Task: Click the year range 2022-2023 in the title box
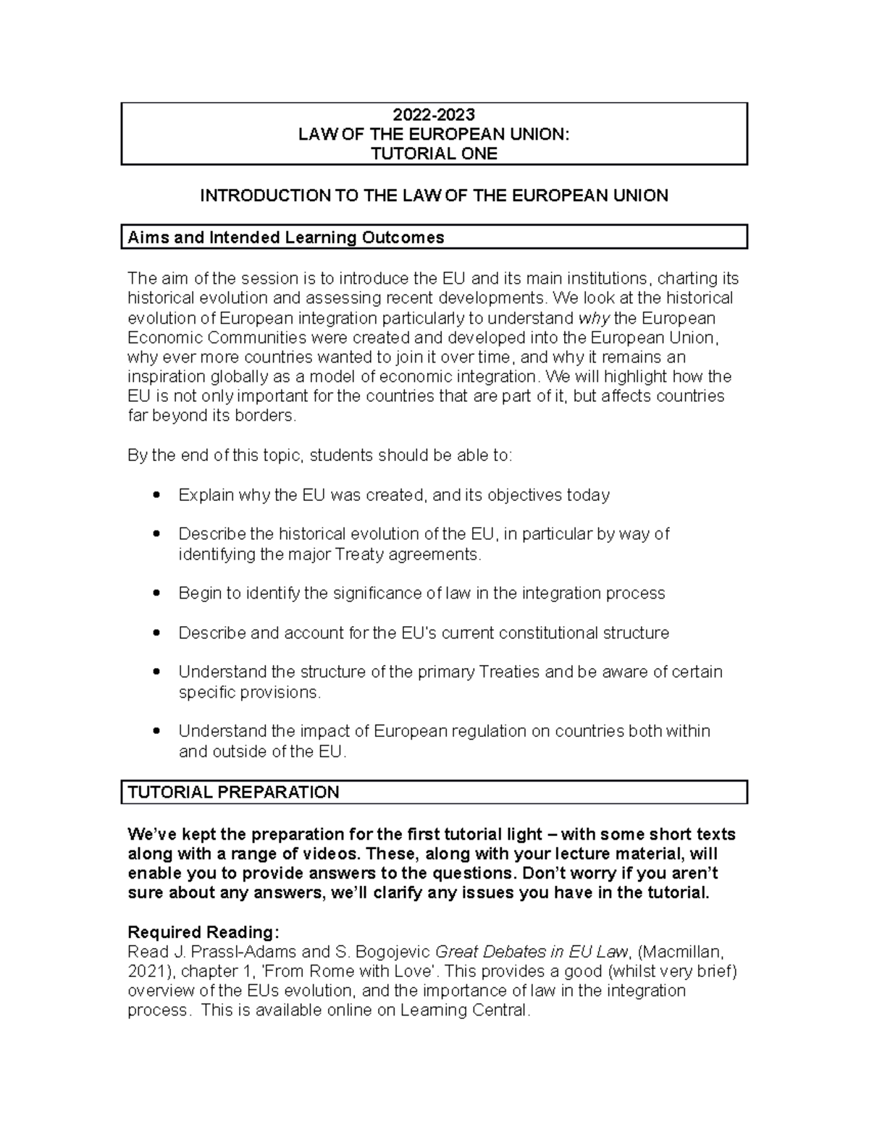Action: [434, 114]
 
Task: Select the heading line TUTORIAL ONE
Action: [434, 153]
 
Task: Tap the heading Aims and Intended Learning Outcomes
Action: [285, 237]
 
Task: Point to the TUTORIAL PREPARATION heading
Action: [233, 792]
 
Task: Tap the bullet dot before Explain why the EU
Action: [157, 495]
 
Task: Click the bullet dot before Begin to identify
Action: [157, 593]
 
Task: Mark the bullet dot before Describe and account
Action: [157, 633]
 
